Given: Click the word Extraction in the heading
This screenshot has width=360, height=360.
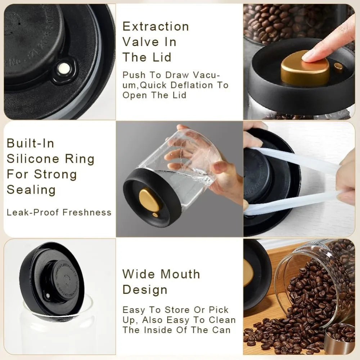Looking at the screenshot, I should tap(156, 26).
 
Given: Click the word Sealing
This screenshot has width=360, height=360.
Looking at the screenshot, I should tap(31, 190).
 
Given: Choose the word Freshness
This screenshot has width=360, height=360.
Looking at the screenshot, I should tap(87, 212).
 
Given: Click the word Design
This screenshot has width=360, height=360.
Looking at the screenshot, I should tap(145, 290).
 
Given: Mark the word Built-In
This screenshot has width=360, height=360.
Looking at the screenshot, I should tap(30, 143).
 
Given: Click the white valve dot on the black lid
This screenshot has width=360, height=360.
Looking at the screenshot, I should tap(64, 67).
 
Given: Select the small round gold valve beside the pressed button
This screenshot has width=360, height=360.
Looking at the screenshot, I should tap(338, 66).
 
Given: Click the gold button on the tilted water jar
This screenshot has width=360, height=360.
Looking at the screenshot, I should tap(149, 200).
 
